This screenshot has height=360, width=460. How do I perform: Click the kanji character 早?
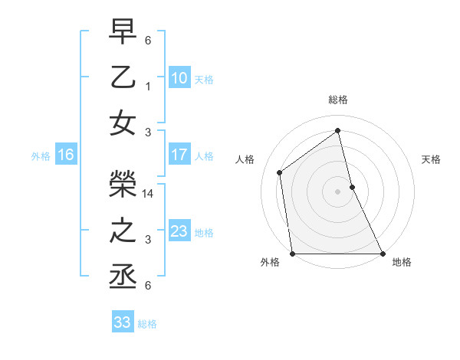pyautogui.click(x=123, y=34)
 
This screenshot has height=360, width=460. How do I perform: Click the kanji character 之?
pyautogui.click(x=123, y=231)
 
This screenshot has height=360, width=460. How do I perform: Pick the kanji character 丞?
pyautogui.click(x=123, y=277)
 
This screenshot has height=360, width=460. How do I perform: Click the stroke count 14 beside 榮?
pyautogui.click(x=149, y=195)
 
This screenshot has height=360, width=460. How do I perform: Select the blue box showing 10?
pyautogui.click(x=179, y=77)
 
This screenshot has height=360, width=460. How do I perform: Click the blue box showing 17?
pyautogui.click(x=179, y=155)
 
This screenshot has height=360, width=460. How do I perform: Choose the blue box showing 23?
pyautogui.click(x=179, y=231)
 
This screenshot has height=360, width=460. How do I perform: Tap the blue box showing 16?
pyautogui.click(x=65, y=155)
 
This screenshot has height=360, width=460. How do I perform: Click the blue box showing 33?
pyautogui.click(x=122, y=322)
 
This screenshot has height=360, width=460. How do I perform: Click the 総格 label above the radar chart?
pyautogui.click(x=337, y=100)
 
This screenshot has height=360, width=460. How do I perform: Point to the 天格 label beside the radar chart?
pyautogui.click(x=432, y=159)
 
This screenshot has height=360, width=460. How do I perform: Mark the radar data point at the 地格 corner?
pyautogui.click(x=382, y=254)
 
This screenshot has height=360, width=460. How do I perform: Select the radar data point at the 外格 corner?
pyautogui.click(x=293, y=254)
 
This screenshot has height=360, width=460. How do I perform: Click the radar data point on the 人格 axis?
pyautogui.click(x=280, y=172)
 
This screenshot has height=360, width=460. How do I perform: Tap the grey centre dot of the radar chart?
pyautogui.click(x=337, y=191)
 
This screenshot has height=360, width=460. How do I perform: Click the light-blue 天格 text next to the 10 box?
pyautogui.click(x=203, y=79)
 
